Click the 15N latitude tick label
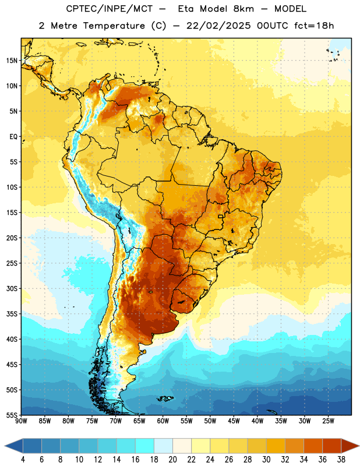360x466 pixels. pos(12,61)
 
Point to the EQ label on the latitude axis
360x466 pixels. pos(13,137)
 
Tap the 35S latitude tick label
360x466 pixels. pos(12,314)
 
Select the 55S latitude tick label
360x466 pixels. pos(12,415)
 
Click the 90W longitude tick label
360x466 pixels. pos(21,421)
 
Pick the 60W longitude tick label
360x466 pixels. pos(163,421)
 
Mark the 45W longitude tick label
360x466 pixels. pos(234,421)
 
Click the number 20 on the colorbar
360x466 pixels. pos(172,460)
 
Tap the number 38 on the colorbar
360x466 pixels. pos(341,460)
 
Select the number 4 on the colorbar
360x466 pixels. pos(23,460)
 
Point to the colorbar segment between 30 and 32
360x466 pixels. pos(276,446)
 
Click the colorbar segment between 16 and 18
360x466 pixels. pos(145,446)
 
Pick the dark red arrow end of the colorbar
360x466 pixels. pos(350,446)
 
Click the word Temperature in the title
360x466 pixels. pos(114,26)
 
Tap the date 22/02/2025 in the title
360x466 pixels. pos(218,26)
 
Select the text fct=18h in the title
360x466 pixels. pos(314,26)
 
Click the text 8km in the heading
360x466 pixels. pos(243,9)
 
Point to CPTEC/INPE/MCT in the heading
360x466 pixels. pos(110,9)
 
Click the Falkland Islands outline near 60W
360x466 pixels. pos(165,398)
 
